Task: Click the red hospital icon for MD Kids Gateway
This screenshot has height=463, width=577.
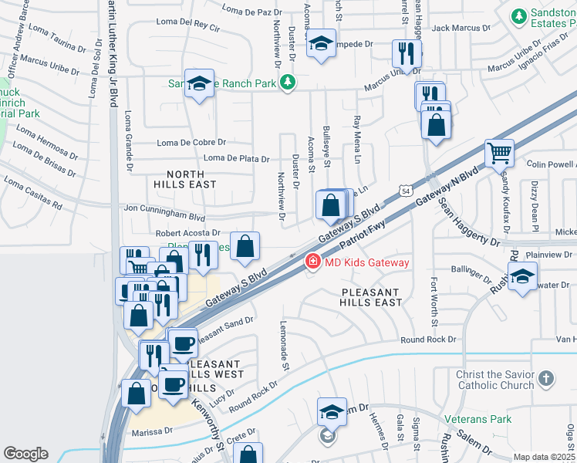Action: pos(312,262)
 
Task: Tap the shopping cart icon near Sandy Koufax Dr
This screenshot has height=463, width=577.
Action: pos(499,153)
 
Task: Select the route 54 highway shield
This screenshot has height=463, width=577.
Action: pos(406,190)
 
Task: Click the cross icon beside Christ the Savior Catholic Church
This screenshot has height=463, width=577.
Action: pos(546,378)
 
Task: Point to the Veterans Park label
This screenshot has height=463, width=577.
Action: pos(477,420)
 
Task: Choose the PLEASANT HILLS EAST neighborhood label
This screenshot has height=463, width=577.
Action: pos(371,297)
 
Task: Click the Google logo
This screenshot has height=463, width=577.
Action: pos(26,453)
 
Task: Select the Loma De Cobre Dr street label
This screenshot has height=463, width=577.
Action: pos(191,143)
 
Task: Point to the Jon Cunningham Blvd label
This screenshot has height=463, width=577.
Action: pos(164,208)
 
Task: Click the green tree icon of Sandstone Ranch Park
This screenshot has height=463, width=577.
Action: pos(287,82)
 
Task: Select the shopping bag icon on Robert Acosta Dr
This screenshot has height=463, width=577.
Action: pos(245,247)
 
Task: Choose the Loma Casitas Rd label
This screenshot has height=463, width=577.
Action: pos(32,193)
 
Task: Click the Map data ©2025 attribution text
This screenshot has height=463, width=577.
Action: pos(544,457)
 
